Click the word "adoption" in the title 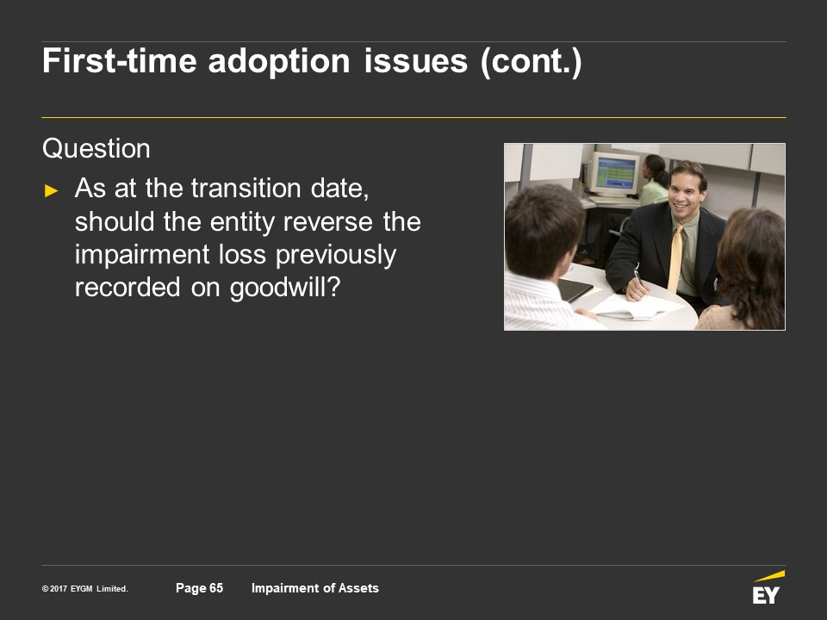click(279, 62)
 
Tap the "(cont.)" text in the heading click(532, 62)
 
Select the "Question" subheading click(96, 149)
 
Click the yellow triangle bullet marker click(52, 190)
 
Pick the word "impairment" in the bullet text click(142, 255)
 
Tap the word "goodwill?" click(285, 288)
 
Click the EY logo click(768, 587)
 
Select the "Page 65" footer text click(199, 588)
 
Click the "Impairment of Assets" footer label click(315, 588)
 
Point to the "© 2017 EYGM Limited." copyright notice click(85, 588)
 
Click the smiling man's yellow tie click(675, 259)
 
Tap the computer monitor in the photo click(613, 173)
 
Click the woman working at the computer click(654, 180)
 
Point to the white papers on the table click(636, 307)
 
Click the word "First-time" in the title click(119, 62)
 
